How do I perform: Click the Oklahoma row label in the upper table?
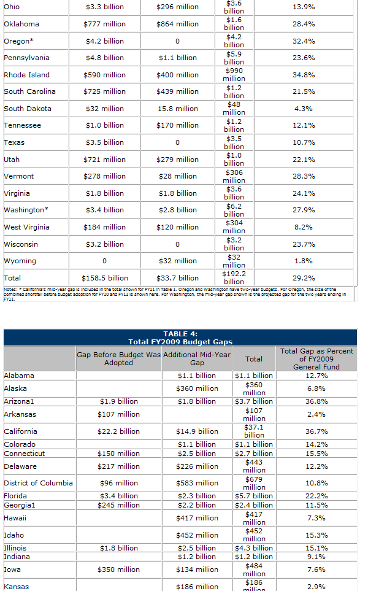point(21,24)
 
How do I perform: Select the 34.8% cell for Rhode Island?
point(304,75)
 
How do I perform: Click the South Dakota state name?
point(28,109)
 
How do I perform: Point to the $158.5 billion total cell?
point(105,278)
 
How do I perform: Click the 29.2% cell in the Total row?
point(304,278)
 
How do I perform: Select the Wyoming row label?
point(20,261)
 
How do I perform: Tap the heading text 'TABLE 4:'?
point(180,334)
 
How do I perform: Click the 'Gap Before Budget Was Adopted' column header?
point(118,358)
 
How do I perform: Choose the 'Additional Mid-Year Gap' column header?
point(197,358)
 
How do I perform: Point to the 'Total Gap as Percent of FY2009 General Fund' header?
point(316,358)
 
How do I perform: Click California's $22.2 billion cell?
point(118,431)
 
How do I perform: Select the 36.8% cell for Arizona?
point(316,401)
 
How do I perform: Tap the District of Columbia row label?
point(38,483)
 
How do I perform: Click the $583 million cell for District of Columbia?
point(197,483)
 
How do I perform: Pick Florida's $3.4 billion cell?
point(118,496)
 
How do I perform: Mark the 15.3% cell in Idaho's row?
point(316,535)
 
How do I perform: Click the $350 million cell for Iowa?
point(118,570)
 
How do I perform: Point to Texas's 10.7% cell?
point(304,142)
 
